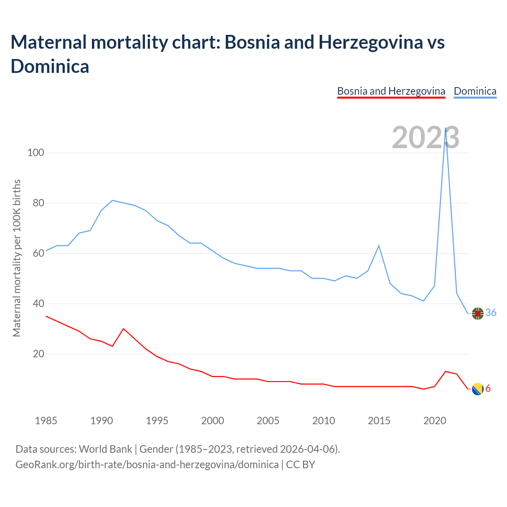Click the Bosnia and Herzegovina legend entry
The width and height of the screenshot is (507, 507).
pos(391,91)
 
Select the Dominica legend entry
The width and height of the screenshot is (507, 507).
pos(475,91)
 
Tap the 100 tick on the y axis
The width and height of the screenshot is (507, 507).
pos(35,152)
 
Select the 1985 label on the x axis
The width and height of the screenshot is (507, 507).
pos(46,421)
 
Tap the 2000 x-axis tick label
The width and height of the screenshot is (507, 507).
pos(213,421)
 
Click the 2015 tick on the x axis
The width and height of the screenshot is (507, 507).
pos(379,421)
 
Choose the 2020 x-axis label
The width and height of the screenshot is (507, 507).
pos(435,421)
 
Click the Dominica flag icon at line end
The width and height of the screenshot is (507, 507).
pos(478,313)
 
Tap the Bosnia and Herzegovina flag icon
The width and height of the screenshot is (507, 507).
pos(478,389)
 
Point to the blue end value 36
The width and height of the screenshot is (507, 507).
pos(491,313)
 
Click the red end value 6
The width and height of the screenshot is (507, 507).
pos(488,389)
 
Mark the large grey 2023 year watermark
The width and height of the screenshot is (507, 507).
pos(425,137)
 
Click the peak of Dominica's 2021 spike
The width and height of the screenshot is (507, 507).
pos(446,128)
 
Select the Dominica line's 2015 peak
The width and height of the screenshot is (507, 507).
pos(379,246)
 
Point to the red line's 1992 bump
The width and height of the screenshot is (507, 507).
pos(124,329)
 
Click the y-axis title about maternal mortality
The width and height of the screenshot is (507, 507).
pos(17,258)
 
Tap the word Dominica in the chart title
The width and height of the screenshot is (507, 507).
pos(50,66)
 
